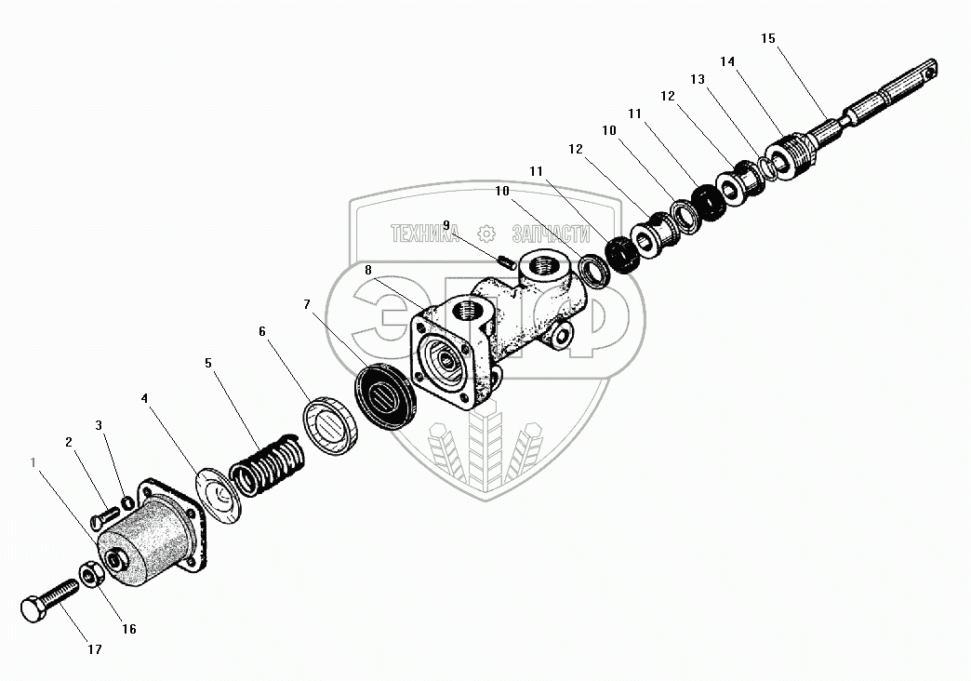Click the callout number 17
[94, 649]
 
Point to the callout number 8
[369, 270]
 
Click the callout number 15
[766, 38]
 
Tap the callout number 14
[727, 61]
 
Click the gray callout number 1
[34, 461]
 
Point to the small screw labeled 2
[103, 512]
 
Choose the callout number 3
[100, 425]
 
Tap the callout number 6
[262, 331]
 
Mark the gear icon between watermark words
[484, 234]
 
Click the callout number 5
[208, 362]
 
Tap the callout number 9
[446, 225]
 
